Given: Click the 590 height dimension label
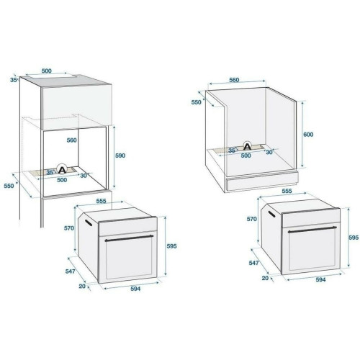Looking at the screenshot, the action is tap(120, 156).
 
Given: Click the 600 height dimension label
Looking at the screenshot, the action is tap(308, 135).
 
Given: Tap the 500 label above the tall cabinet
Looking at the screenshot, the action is tap(47, 71).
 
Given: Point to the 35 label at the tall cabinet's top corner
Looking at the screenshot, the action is tap(14, 80).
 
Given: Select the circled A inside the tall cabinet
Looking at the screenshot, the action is tap(62, 169).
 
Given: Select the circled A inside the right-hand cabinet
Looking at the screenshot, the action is tap(247, 146).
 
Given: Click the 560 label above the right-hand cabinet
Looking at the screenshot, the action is tap(234, 80).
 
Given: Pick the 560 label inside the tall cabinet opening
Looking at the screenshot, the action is tap(72, 140).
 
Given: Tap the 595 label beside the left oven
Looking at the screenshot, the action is tap(171, 246).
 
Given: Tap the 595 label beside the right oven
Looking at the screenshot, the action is tap(354, 238).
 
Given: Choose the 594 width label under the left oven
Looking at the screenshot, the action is tap(135, 289).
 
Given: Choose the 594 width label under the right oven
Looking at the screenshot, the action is tap(320, 279).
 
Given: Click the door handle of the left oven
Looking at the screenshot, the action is tap(129, 238).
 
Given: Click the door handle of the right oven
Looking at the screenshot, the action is tap(312, 230).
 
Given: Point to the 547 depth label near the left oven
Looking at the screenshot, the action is tap(71, 271).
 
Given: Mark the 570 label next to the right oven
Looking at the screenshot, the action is tap(252, 219).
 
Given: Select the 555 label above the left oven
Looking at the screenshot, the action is tap(101, 201).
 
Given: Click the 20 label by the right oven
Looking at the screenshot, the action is tap(265, 278).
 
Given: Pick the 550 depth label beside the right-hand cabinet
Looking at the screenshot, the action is tap(196, 102).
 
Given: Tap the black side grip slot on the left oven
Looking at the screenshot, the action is tap(88, 222).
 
